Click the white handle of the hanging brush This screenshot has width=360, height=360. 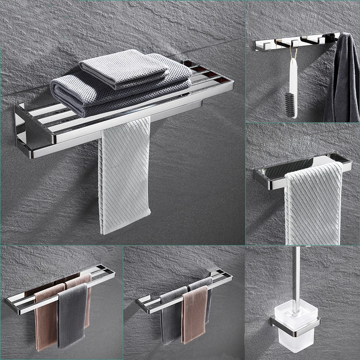pyautogui.click(x=292, y=76)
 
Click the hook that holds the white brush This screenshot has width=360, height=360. pyautogui.click(x=295, y=43)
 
